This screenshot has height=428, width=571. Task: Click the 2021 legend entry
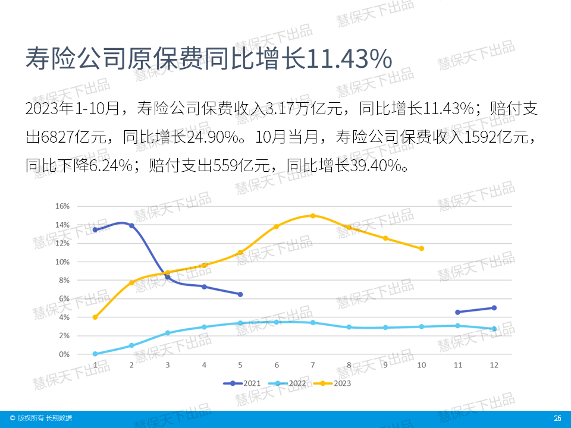(244, 383)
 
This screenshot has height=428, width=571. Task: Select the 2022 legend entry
(290, 383)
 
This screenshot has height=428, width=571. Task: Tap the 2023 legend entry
(336, 383)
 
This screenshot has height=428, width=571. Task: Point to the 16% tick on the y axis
(62, 206)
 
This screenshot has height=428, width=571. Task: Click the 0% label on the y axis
(64, 354)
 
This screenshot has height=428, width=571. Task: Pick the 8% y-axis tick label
(64, 280)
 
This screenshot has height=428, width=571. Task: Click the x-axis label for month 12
(494, 364)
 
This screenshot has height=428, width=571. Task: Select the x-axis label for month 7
(313, 364)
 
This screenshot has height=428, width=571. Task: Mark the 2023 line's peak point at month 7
(313, 216)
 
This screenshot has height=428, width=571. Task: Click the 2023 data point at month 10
(422, 248)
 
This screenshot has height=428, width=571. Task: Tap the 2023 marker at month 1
(95, 317)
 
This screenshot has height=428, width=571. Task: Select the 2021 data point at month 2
(131, 226)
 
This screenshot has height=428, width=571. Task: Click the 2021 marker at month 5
(240, 294)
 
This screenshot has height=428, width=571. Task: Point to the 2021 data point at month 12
(494, 308)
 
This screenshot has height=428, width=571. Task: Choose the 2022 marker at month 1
(95, 354)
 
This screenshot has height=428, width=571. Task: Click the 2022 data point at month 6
(277, 322)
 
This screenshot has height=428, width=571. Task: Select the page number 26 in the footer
(557, 418)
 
